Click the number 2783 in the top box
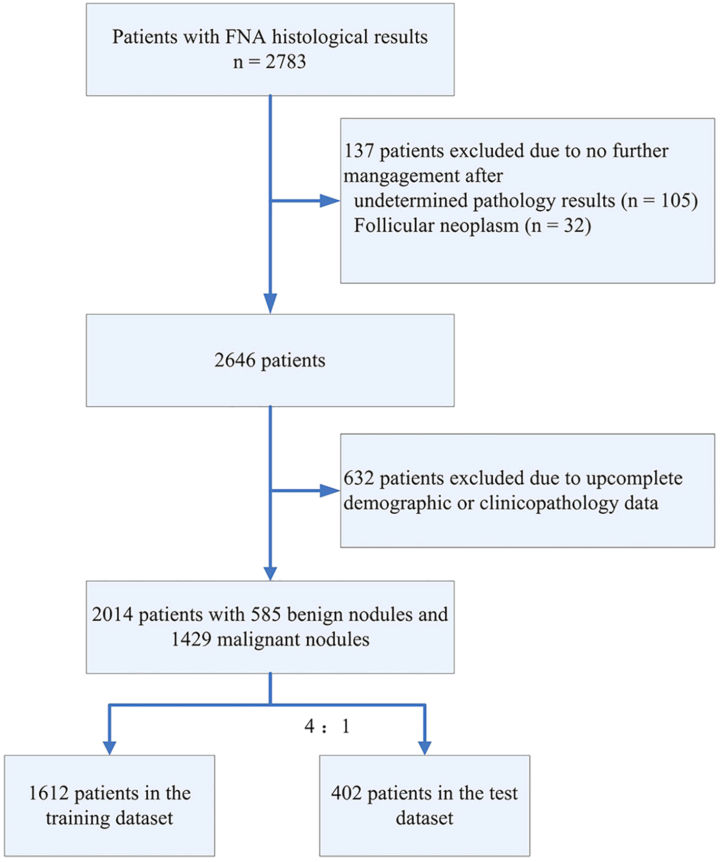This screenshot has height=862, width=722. click(285, 62)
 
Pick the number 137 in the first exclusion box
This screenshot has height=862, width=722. click(359, 151)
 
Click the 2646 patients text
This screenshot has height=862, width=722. click(270, 360)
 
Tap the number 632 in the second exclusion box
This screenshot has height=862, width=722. click(359, 479)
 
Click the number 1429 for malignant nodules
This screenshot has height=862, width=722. click(191, 639)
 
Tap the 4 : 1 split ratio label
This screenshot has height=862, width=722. click(327, 727)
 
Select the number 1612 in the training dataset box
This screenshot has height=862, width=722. click(48, 793)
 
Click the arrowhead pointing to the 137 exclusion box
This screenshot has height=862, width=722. click(330, 201)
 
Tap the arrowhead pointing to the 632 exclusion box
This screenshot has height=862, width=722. click(330, 491)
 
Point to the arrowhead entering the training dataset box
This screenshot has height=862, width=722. click(110, 747)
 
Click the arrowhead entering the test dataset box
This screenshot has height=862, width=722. click(424, 747)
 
